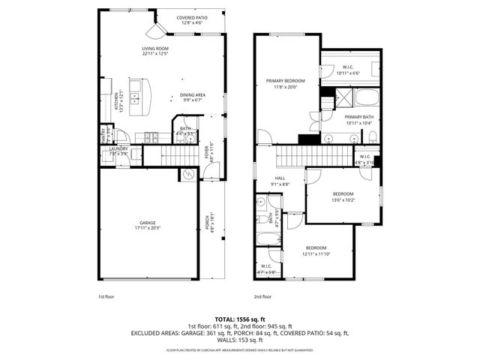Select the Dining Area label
(x=193, y=97)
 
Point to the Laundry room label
(x=118, y=151)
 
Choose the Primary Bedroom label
(x=285, y=83)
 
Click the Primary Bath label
(x=358, y=120)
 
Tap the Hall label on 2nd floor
(x=280, y=181)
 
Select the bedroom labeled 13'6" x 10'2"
(x=343, y=196)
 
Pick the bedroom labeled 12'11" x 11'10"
(x=315, y=250)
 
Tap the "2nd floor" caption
(x=263, y=297)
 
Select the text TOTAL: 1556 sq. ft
(x=240, y=319)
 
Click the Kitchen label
(x=118, y=100)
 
